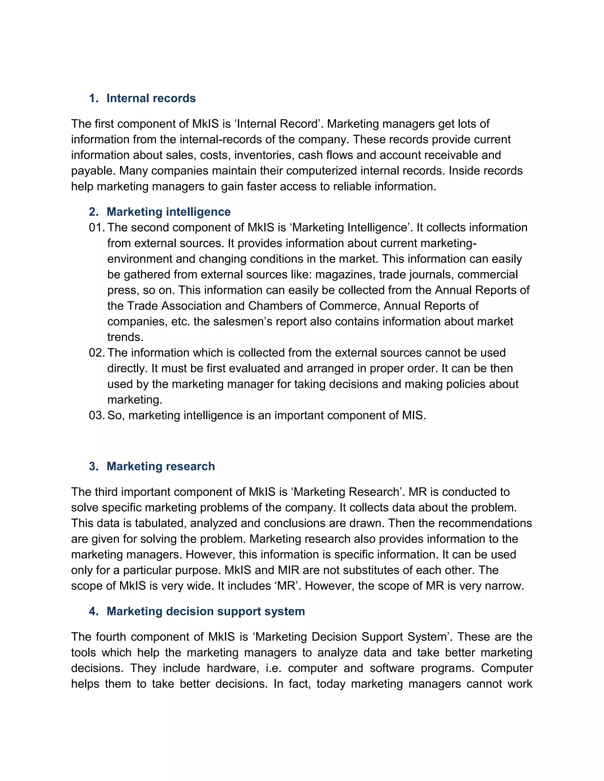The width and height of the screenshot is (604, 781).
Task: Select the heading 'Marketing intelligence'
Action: coord(168,212)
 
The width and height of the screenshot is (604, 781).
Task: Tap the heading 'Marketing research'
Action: coord(161,466)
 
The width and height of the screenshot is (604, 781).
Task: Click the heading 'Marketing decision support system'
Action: coord(206,611)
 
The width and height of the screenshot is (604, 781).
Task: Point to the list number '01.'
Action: coord(97,228)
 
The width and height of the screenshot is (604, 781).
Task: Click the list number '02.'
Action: coord(97,352)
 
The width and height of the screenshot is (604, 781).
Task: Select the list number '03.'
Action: coord(97,415)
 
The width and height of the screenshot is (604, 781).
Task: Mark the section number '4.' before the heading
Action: coord(94,611)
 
